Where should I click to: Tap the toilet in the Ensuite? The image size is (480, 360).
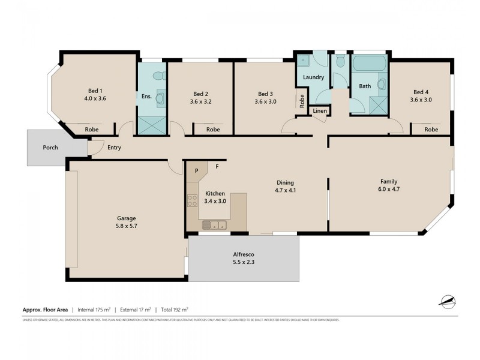point(158,76)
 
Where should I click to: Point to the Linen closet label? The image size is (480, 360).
point(319,112)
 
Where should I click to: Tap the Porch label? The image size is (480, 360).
point(50,147)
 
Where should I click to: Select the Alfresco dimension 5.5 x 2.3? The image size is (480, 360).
point(243,262)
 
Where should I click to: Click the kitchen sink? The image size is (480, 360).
point(214,225)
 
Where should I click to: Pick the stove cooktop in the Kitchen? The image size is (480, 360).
point(192,200)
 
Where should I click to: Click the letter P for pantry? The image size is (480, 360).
point(196,171)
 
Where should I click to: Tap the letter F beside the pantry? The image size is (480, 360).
point(217,166)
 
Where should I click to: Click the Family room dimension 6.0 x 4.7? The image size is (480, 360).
point(389,190)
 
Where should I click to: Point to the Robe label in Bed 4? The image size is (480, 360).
point(431,130)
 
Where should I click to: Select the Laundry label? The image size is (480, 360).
point(313,77)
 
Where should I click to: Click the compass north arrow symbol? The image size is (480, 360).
point(447,301)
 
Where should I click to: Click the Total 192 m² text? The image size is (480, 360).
point(174,310)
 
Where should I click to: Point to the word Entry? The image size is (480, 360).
point(114,147)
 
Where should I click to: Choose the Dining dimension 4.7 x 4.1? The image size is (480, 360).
point(284,190)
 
